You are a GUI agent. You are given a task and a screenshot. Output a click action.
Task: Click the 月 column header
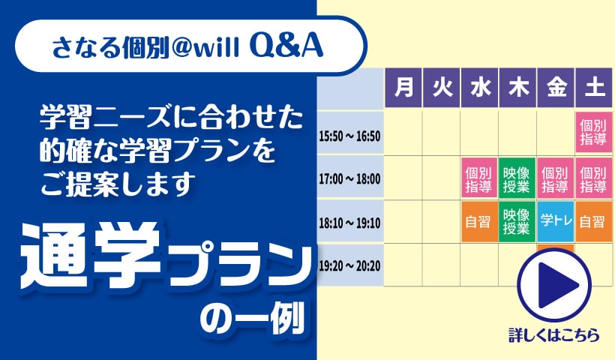coord(403,88)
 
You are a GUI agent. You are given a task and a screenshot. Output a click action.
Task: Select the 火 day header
coord(441,88)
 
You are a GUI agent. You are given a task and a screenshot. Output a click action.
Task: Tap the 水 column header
coord(480,88)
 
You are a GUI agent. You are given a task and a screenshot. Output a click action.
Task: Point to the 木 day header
coord(517,88)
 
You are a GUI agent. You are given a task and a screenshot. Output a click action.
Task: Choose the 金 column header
coord(556,88)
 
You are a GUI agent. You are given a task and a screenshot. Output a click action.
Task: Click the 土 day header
coord(594,88)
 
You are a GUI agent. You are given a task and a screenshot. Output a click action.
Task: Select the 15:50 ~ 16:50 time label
coord(349,136)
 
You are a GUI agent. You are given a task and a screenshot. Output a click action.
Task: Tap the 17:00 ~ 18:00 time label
coord(349,179)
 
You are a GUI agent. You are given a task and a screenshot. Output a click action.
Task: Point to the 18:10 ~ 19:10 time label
coord(349,223)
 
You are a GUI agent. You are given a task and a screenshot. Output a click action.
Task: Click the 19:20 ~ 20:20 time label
coord(349,266)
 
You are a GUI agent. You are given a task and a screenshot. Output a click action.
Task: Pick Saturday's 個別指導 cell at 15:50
coord(593,133)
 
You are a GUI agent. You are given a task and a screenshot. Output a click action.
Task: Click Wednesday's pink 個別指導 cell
coord(479,178)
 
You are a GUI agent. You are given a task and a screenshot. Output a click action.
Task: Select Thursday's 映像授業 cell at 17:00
coord(517,178)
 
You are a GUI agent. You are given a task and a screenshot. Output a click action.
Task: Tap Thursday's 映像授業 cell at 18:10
coord(517,221)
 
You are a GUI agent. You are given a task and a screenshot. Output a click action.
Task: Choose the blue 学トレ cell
coord(556,221)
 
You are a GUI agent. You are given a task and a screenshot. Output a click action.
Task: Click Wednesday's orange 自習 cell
coord(479,221)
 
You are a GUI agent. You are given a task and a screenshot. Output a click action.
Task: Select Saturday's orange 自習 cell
coord(593,221)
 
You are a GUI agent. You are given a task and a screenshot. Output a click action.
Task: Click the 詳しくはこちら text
coord(554,335)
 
